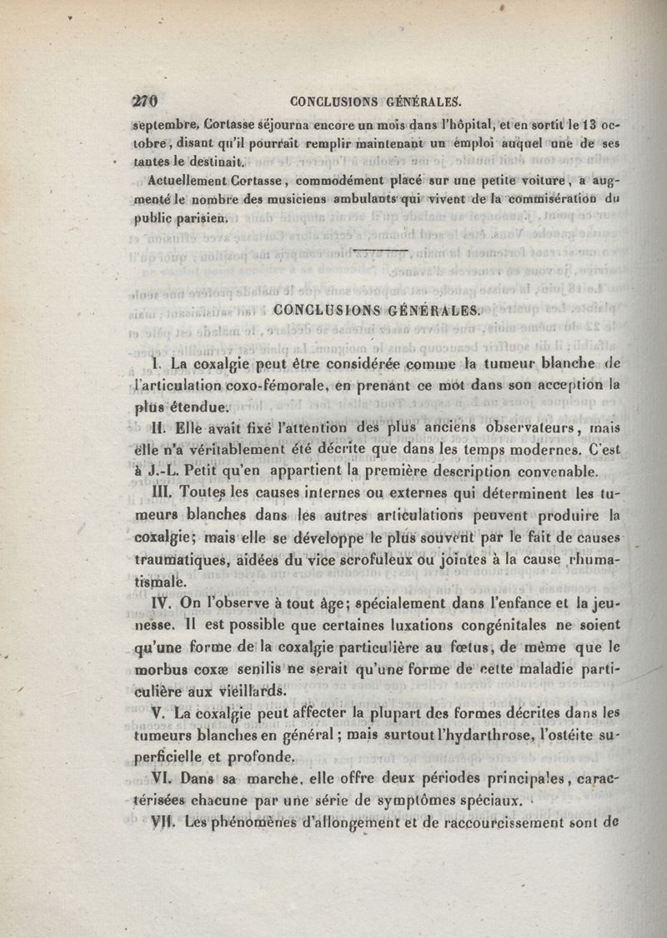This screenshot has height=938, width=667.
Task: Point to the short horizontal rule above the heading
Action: (381, 248)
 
